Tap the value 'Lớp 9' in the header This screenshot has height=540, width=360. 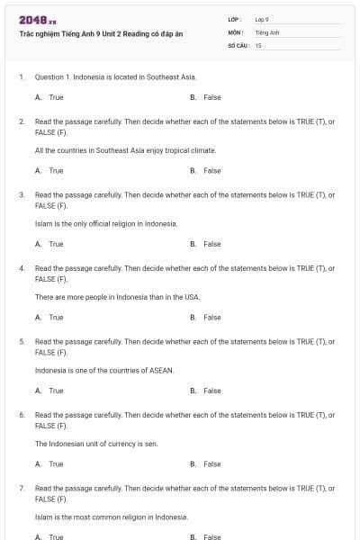point(262,19)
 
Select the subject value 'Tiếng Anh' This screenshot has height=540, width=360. point(267,31)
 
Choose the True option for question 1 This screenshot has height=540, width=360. point(55,96)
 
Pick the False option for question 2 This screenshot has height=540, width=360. point(211,170)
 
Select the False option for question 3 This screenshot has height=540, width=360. point(211,244)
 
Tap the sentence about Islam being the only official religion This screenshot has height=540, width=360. point(105,223)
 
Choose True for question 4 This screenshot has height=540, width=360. point(55,317)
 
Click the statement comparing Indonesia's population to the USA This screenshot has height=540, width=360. point(117,297)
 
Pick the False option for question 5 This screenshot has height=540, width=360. point(211,391)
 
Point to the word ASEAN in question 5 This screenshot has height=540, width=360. point(161,370)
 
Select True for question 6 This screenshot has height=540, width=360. point(55,463)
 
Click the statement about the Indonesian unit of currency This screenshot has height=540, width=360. point(96,444)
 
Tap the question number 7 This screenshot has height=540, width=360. point(21,488)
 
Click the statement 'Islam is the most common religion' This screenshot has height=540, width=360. point(111,517)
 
